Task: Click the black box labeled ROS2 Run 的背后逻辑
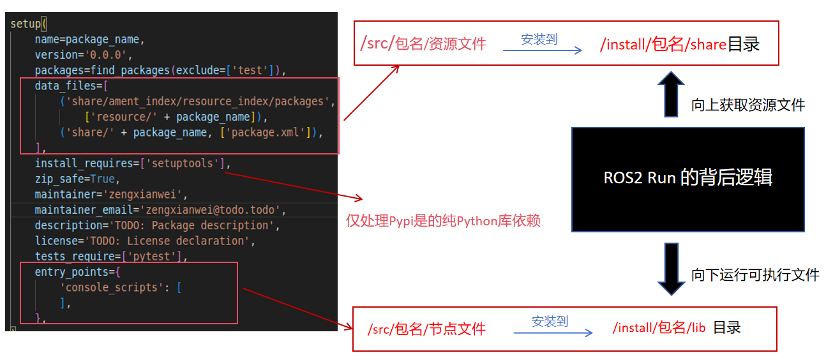[x=687, y=179]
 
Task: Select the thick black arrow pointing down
[x=670, y=269]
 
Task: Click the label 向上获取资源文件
[x=747, y=105]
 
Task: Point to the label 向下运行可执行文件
[x=755, y=275]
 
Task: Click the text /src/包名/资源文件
[x=423, y=43]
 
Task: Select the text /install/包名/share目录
[x=680, y=44]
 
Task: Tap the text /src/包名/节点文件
[x=426, y=329]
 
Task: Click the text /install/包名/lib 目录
[x=677, y=327]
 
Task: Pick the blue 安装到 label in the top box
[x=539, y=39]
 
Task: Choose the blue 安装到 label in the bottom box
[x=550, y=322]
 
